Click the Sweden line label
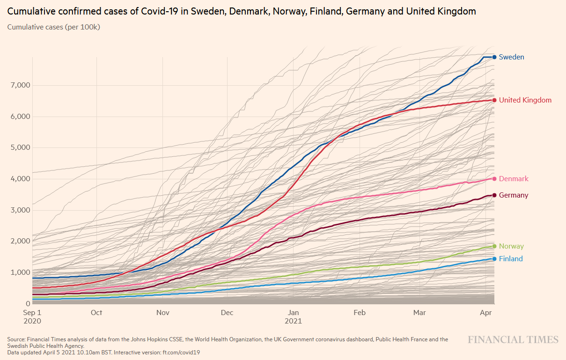point(511,57)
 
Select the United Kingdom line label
point(525,100)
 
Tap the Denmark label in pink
point(514,179)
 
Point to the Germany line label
point(514,195)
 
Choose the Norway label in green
point(511,246)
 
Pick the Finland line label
point(511,259)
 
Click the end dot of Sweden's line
point(494,57)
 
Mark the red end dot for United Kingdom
point(494,100)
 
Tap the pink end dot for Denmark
point(494,179)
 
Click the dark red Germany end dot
point(494,195)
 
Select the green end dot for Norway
point(494,246)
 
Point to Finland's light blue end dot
point(494,259)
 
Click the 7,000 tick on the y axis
point(20,85)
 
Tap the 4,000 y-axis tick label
point(20,179)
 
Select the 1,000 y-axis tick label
point(20,272)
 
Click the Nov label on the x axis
point(162,313)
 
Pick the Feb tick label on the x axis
point(360,313)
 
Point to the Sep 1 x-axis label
point(32,313)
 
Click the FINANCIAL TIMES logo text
point(513,340)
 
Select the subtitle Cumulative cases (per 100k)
point(54,27)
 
